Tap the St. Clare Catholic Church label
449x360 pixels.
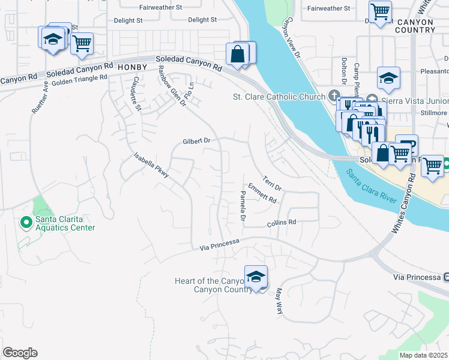coord(280,97)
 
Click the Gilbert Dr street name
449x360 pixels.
coord(197,142)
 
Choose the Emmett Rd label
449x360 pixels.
coord(262,192)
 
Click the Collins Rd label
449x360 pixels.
coord(282,223)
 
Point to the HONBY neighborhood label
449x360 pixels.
coord(132,67)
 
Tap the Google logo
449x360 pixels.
coord(20,353)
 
